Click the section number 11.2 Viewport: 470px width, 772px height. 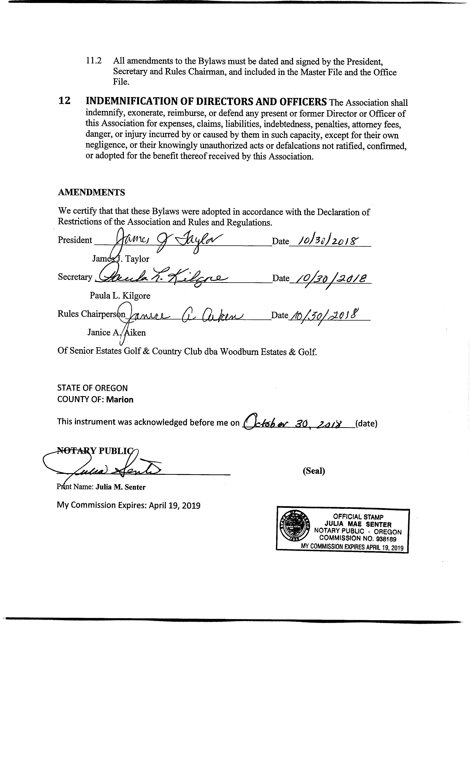click(x=94, y=60)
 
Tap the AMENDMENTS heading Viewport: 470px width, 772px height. click(x=91, y=192)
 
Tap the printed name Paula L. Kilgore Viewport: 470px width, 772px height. click(x=120, y=295)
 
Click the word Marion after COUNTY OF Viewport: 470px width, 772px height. click(x=120, y=399)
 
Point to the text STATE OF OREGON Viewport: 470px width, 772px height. click(x=92, y=388)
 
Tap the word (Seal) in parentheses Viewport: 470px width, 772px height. click(x=314, y=471)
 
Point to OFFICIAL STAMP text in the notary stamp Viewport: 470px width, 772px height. click(x=358, y=517)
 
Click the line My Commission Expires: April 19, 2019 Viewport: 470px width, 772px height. click(x=129, y=505)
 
